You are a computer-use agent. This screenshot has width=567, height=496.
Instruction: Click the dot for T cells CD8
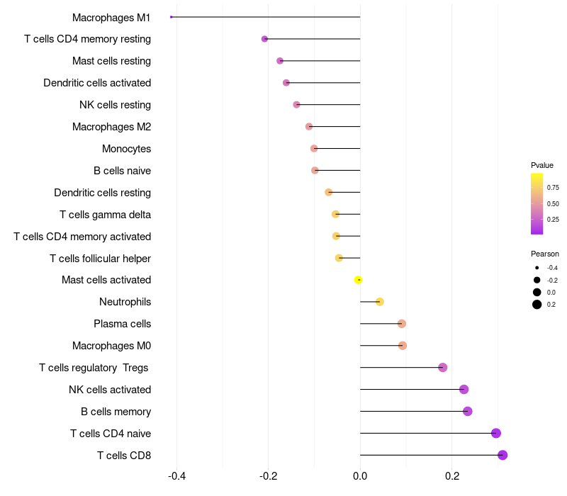[503, 455]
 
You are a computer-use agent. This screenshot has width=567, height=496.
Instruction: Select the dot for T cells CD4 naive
[496, 433]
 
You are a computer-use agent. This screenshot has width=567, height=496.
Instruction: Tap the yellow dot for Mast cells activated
[359, 280]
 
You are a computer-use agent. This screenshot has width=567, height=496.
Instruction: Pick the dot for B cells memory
[467, 411]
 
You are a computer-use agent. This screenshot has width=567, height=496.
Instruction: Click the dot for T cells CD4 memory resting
[264, 39]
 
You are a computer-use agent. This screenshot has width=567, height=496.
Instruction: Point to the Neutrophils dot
[379, 302]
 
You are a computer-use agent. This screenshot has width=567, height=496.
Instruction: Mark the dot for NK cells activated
[464, 389]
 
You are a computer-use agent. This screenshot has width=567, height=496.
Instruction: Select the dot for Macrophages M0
[403, 346]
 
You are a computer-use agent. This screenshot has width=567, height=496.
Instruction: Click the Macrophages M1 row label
[111, 17]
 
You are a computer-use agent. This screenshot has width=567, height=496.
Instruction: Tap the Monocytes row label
[126, 149]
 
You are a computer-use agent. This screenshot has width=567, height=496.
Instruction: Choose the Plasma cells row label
[122, 324]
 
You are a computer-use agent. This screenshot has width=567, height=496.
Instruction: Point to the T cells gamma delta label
[105, 214]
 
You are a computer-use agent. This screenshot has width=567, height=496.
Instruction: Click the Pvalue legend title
[542, 165]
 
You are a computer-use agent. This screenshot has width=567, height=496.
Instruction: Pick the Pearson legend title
[544, 254]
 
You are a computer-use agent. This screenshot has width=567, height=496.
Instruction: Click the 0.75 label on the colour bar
[553, 188]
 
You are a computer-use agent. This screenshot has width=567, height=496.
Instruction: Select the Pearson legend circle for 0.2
[537, 305]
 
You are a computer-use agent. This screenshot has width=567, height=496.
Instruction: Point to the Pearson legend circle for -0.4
[537, 268]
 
